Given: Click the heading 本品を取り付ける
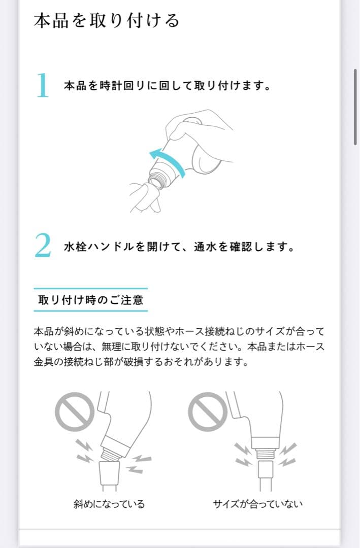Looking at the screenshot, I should (x=107, y=21).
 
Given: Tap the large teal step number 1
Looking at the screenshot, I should (x=43, y=85).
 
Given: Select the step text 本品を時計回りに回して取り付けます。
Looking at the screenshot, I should (x=167, y=86).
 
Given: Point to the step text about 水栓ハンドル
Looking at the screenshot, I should (x=179, y=247).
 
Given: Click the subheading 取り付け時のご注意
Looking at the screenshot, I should (x=90, y=299).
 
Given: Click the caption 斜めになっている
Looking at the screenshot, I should (x=109, y=504).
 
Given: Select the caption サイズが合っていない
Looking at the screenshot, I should (x=257, y=504).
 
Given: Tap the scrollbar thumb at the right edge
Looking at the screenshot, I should (x=355, y=107).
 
